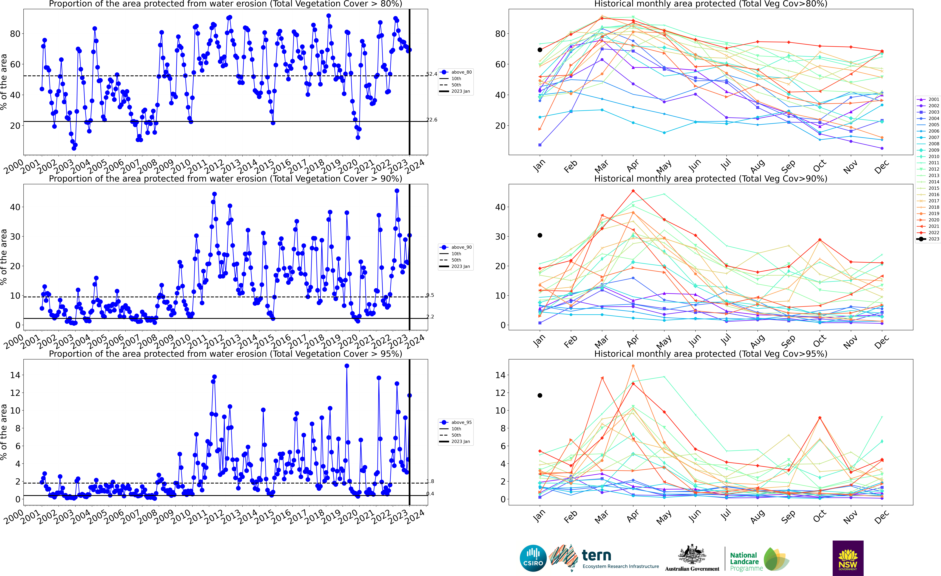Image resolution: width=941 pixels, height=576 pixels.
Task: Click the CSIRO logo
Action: (x=533, y=558)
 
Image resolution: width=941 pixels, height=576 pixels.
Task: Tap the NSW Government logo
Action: (x=848, y=558)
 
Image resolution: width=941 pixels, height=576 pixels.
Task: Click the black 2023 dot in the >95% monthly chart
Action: (x=540, y=395)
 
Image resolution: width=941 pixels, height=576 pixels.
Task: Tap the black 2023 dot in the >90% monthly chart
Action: (x=540, y=235)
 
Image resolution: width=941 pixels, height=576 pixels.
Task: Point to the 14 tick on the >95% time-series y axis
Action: (x=15, y=375)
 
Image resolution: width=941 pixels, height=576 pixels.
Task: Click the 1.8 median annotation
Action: (x=430, y=481)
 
